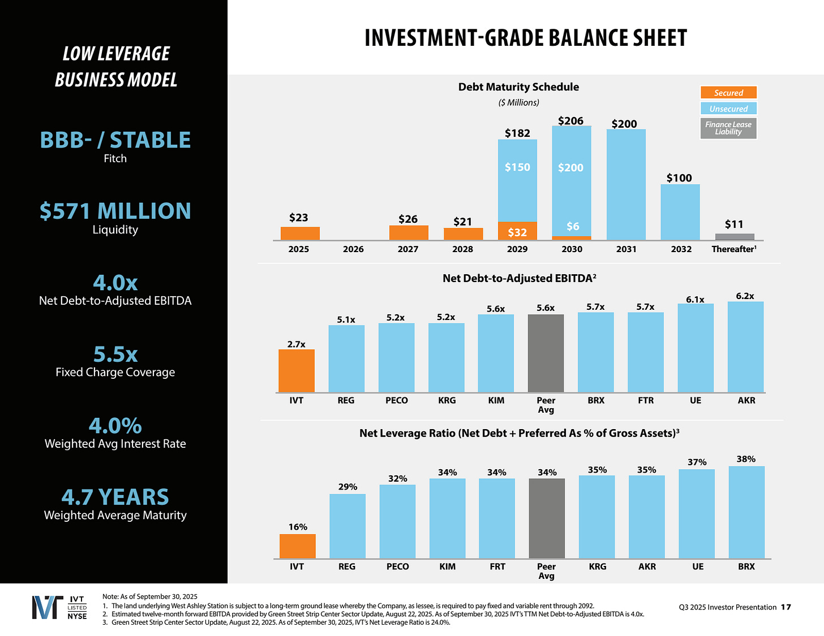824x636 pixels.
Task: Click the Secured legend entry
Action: [728, 93]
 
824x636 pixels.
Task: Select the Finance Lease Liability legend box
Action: [728, 128]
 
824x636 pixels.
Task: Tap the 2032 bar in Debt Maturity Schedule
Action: [680, 212]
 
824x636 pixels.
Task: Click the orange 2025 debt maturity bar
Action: [300, 233]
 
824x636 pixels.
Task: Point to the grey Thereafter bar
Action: [735, 237]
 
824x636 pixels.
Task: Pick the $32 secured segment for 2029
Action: [517, 231]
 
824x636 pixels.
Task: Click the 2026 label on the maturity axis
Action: [353, 249]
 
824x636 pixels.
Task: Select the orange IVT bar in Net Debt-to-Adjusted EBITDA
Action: [297, 371]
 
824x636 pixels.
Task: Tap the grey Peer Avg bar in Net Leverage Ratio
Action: [547, 518]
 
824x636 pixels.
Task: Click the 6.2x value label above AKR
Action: [745, 296]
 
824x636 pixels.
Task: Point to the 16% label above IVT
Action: [298, 527]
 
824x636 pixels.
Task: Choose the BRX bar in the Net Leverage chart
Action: [746, 512]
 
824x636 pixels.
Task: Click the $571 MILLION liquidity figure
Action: [115, 211]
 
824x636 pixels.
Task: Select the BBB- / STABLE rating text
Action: [115, 140]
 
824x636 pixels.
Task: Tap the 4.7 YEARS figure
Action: [115, 497]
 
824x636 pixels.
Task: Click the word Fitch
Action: [115, 159]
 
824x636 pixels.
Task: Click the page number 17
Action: [786, 607]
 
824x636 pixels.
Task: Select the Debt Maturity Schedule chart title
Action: [518, 87]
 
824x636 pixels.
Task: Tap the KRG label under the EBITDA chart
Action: [447, 401]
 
